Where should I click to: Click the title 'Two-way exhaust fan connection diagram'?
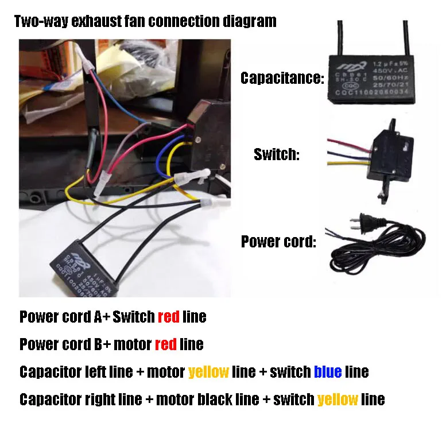pyautogui.click(x=145, y=22)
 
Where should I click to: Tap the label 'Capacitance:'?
pyautogui.click(x=282, y=78)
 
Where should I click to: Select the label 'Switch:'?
pyautogui.click(x=277, y=155)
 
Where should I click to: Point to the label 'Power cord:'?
pyautogui.click(x=278, y=242)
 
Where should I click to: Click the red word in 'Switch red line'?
pyautogui.click(x=168, y=316)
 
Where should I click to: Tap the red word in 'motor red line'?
pyautogui.click(x=166, y=344)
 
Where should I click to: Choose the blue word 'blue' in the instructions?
pyautogui.click(x=328, y=372)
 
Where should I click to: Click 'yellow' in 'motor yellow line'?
pyautogui.click(x=208, y=372)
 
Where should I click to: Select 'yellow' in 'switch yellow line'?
pyautogui.click(x=338, y=399)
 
